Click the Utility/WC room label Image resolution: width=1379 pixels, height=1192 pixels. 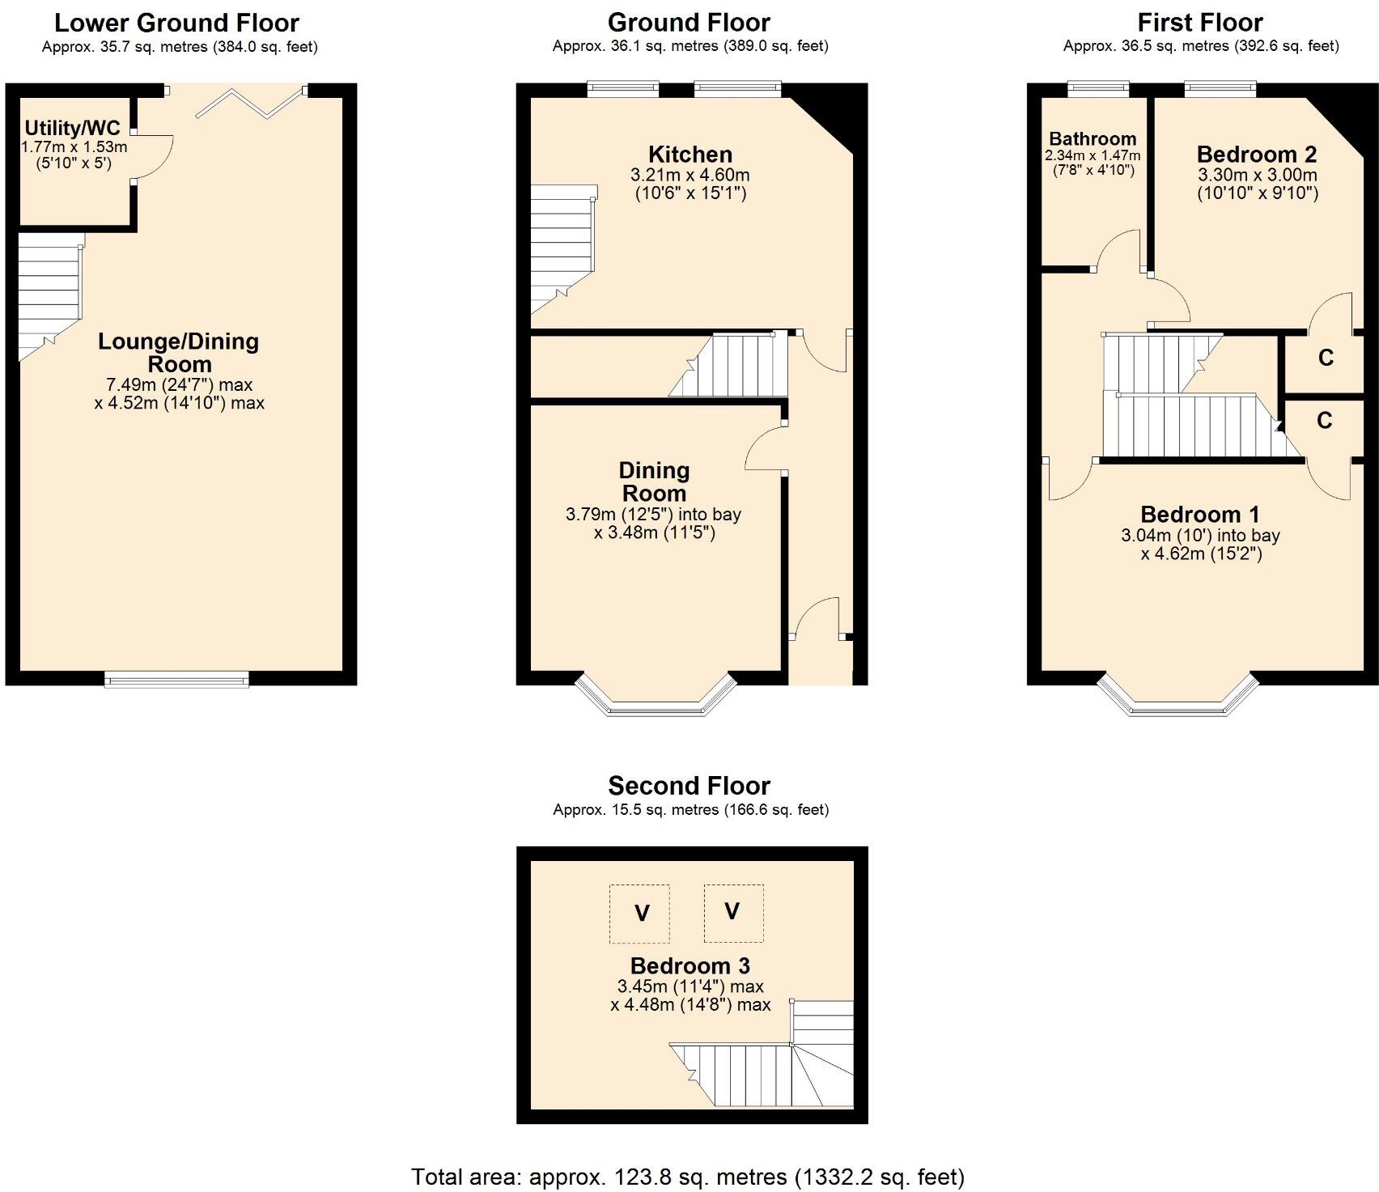(72, 128)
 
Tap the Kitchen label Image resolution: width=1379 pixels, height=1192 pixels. (690, 155)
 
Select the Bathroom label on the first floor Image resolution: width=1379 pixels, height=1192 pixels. (1093, 138)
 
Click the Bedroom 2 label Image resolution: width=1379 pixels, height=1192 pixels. (1257, 155)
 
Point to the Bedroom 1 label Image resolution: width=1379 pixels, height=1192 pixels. (1200, 515)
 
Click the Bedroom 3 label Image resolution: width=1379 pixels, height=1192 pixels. (690, 966)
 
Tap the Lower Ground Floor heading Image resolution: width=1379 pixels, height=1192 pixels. (176, 23)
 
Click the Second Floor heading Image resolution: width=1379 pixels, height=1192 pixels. (689, 786)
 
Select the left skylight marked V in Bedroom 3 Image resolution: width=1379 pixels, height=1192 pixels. (639, 914)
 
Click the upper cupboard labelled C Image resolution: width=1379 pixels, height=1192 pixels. (1326, 358)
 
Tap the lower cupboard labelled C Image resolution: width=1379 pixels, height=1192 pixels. (1325, 421)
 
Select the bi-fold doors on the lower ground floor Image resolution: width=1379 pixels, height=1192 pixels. (250, 103)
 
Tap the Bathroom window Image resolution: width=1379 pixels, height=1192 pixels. (1098, 87)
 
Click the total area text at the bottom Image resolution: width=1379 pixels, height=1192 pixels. (688, 1177)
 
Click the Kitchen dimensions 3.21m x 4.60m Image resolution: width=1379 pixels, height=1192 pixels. (690, 175)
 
